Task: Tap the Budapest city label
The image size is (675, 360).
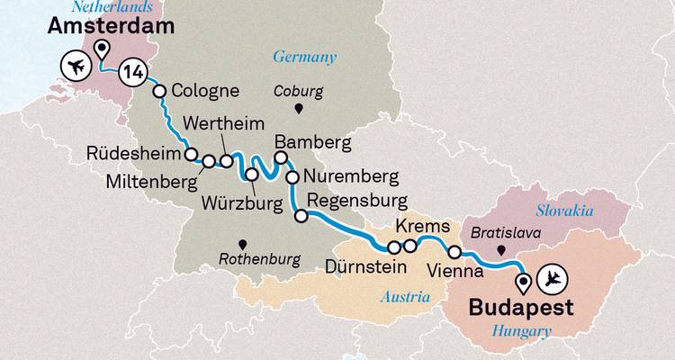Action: tap(521, 308)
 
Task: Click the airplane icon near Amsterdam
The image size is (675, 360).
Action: tap(76, 67)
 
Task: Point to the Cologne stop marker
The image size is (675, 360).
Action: tap(160, 91)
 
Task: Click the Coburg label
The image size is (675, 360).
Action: tap(298, 92)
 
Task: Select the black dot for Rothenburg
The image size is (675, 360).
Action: tap(241, 243)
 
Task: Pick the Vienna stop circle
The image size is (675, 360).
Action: tap(455, 252)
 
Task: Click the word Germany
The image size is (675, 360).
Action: tap(305, 58)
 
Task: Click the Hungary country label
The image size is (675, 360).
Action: tap(521, 332)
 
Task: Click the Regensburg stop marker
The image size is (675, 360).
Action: tap(301, 216)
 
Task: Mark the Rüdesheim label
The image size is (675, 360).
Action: tap(134, 152)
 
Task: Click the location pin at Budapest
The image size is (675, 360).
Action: tap(524, 284)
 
